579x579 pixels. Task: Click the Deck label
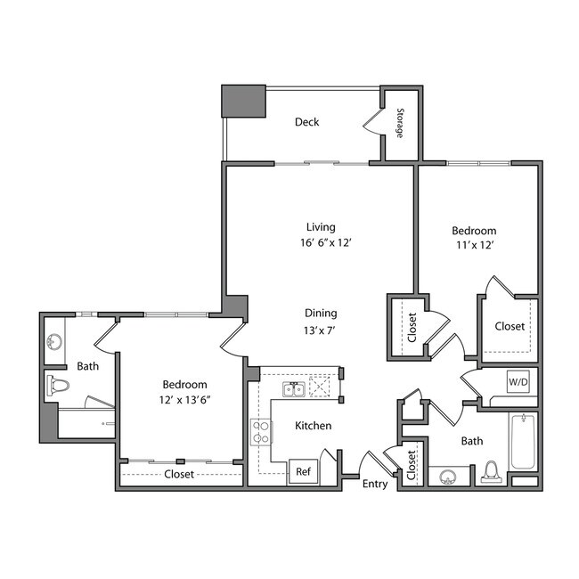point(306,122)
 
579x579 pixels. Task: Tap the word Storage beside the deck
point(400,123)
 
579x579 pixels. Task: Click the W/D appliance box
point(518,382)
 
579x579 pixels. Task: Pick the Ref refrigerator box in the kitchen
point(303,471)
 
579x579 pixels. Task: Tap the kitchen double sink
point(294,389)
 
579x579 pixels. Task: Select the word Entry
point(375,485)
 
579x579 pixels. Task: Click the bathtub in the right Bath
point(523,443)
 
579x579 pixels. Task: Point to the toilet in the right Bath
point(491,471)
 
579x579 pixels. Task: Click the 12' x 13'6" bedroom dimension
point(185,399)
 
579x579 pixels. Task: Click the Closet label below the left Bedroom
point(179,475)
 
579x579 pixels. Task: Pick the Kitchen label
point(314,426)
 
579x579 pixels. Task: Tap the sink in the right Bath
point(447,474)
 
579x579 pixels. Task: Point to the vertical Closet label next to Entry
point(411,465)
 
